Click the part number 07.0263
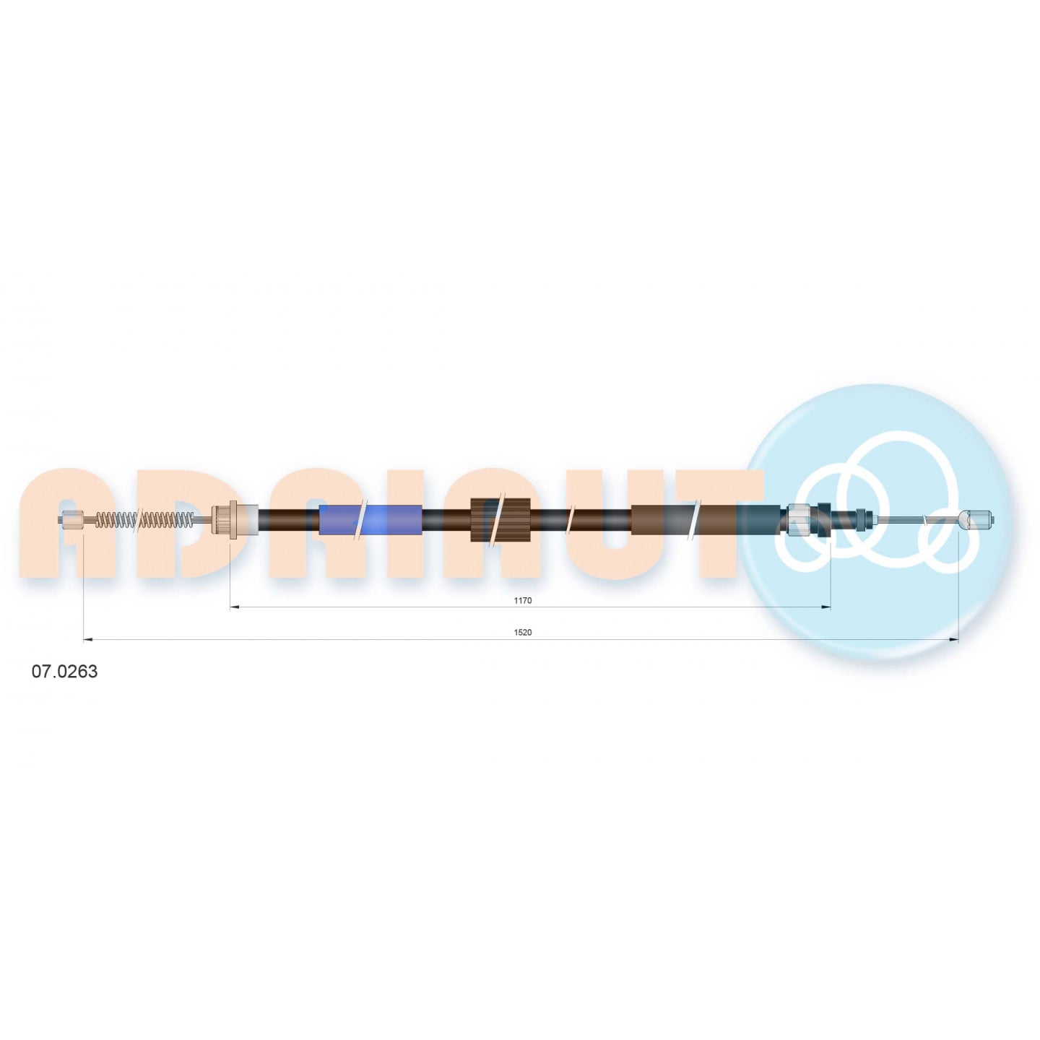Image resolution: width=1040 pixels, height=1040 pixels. [x=65, y=672]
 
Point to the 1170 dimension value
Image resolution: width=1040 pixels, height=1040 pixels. [x=522, y=600]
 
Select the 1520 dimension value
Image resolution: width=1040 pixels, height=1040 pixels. [x=522, y=633]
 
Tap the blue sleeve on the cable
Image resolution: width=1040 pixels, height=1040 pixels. [x=370, y=520]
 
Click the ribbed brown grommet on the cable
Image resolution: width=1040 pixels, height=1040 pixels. [x=500, y=520]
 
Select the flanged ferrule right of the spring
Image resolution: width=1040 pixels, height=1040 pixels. [x=234, y=520]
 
